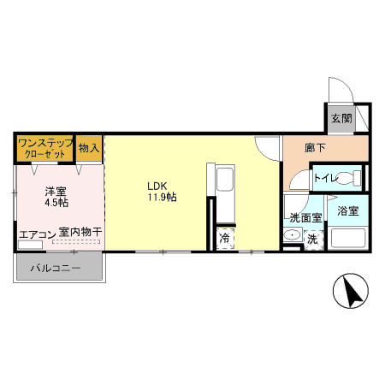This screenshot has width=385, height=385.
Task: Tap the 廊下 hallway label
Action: tap(315, 148)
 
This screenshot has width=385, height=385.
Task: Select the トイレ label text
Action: tap(325, 178)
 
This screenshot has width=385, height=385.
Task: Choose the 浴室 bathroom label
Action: tap(346, 210)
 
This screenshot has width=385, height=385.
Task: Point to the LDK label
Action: tap(157, 185)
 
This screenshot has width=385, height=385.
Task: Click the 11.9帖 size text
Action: tap(161, 197)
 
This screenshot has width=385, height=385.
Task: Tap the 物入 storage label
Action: tap(89, 148)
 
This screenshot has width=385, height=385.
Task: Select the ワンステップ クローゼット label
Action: tap(44, 147)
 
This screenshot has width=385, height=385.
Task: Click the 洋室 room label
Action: tap(56, 191)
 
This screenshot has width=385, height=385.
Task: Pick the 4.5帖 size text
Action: tap(56, 203)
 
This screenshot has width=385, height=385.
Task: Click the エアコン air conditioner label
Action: tap(36, 232)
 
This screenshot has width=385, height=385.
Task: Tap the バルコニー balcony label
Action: tap(56, 268)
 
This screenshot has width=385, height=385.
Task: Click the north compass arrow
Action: tap(351, 292)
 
